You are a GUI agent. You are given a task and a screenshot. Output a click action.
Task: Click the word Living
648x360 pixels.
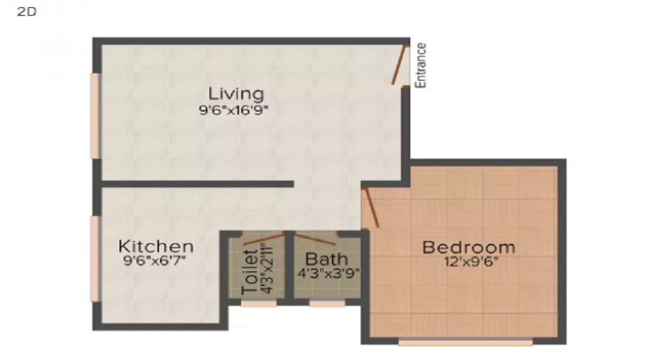[236, 94]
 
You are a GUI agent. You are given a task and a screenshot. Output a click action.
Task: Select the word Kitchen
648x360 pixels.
[156, 246]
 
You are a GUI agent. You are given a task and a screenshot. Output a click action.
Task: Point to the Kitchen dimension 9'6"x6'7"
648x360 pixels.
[156, 261]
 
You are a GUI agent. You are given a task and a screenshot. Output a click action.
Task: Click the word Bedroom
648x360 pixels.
[469, 247]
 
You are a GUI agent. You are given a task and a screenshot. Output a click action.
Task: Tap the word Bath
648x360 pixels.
[327, 258]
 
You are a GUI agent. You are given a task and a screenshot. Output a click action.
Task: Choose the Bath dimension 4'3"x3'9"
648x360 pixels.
[328, 273]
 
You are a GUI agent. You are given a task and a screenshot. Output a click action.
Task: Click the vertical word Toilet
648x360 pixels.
[250, 271]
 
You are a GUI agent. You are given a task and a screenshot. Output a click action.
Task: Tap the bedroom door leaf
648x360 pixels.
[369, 208]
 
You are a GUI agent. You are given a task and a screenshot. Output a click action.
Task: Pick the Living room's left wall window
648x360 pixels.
[94, 115]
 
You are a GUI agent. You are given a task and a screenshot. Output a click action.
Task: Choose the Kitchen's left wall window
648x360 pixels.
[94, 258]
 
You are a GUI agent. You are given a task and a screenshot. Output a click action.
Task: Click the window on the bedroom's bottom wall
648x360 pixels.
[465, 342]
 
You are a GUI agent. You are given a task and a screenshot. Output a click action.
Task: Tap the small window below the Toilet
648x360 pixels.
[258, 304]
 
